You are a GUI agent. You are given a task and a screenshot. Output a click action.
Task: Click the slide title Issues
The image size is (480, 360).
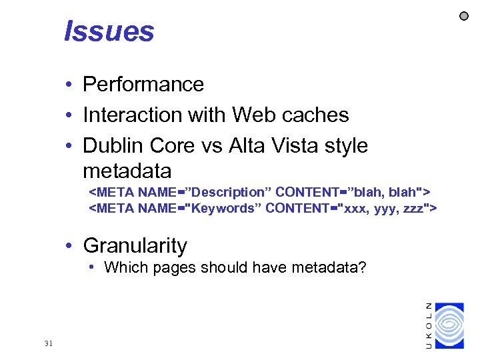click(x=109, y=31)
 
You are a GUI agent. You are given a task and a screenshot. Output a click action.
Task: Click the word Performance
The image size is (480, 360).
click(x=143, y=85)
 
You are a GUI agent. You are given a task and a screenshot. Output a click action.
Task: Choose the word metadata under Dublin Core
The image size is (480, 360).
click(x=127, y=171)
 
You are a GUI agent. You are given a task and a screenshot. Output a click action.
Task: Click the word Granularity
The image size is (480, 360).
click(x=135, y=245)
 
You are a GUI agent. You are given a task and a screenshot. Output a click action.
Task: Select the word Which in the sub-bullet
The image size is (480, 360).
click(x=123, y=268)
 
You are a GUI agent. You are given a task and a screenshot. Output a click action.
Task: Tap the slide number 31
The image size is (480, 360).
click(x=47, y=343)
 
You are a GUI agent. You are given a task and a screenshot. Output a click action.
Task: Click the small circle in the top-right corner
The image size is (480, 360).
click(x=465, y=15)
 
